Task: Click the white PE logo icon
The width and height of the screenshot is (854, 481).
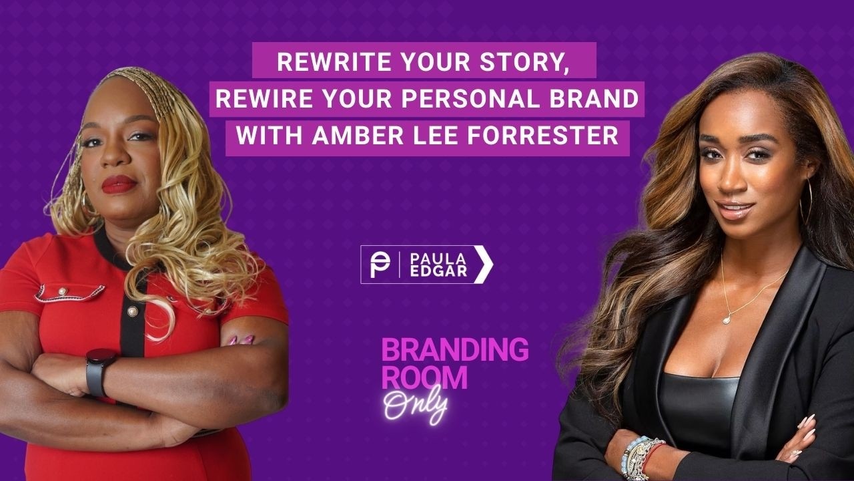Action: coord(380,265)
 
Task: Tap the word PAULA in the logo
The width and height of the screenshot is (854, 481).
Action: coord(430,257)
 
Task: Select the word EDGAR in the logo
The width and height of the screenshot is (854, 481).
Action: coord(430,273)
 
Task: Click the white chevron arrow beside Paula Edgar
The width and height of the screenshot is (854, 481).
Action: coord(484,265)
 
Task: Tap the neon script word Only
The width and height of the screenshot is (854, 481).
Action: coord(415,406)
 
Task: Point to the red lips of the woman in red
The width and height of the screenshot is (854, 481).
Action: coord(119,184)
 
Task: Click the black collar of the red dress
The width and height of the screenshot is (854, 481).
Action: coord(107,249)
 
